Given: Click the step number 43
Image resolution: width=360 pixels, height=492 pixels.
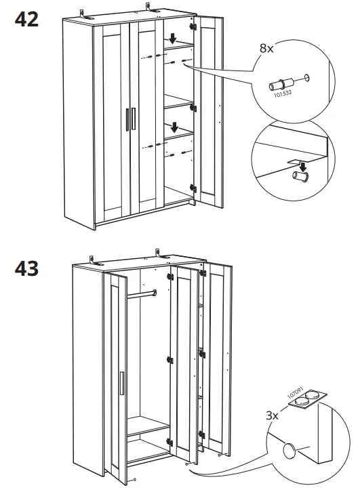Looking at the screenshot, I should [x=26, y=268].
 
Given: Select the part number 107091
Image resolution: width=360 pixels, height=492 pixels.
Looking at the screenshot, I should [x=294, y=387].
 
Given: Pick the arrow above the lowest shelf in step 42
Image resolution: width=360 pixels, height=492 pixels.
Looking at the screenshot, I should [x=175, y=126].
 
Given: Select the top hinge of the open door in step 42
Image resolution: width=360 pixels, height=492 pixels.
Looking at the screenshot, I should [x=193, y=26].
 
